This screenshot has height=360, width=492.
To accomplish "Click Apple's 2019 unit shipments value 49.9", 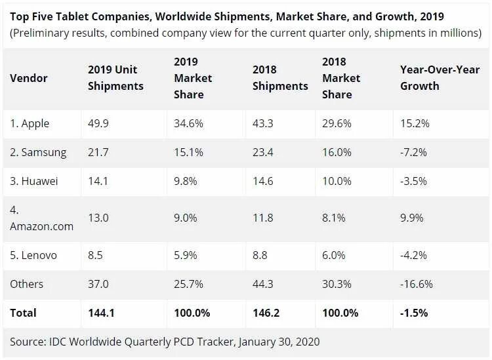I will (x=98, y=123).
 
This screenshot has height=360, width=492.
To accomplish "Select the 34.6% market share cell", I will (x=188, y=123).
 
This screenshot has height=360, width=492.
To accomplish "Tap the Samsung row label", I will (x=38, y=152).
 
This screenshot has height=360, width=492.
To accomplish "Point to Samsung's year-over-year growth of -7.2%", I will (x=415, y=152).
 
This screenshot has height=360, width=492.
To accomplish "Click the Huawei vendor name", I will (x=34, y=182).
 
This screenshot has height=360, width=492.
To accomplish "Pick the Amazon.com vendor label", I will (x=41, y=226).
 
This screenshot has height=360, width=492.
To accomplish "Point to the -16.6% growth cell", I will (x=417, y=283).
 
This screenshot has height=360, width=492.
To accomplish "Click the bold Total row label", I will (x=24, y=313).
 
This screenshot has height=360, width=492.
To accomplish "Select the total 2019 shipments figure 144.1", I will (x=102, y=313).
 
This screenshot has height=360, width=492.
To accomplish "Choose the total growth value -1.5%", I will (x=414, y=313).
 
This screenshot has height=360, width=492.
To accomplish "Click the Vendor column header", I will (x=28, y=77).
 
